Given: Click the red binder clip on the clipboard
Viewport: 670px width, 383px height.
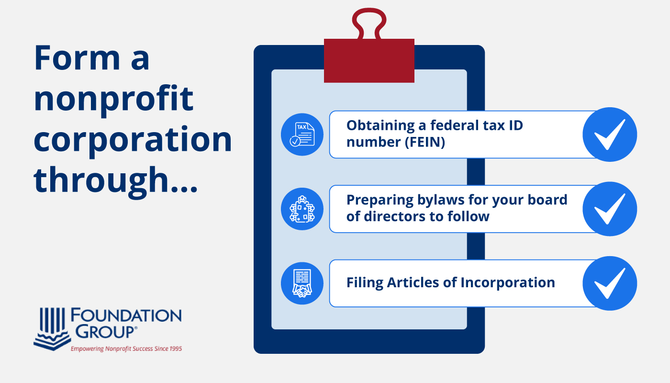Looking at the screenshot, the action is point(369,60).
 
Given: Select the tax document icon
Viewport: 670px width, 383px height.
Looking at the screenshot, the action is point(302,135).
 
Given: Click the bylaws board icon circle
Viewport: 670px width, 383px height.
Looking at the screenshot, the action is point(302,209).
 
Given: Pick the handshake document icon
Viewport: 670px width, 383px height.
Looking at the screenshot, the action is point(302,283).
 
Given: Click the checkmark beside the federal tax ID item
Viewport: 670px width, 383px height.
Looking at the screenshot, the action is point(610,135).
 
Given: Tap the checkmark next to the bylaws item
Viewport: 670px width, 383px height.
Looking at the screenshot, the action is point(610,209).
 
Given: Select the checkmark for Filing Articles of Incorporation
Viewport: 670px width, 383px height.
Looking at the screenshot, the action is point(610,283).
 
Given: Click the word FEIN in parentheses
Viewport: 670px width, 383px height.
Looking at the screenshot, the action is point(425,142).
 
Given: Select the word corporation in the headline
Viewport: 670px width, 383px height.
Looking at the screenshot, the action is point(133,140).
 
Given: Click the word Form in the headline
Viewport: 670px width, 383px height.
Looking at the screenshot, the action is point(77,57).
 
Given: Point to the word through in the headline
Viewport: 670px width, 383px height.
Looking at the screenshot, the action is point(101,181).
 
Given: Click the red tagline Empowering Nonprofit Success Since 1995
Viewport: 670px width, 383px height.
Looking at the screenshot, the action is point(126,349).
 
